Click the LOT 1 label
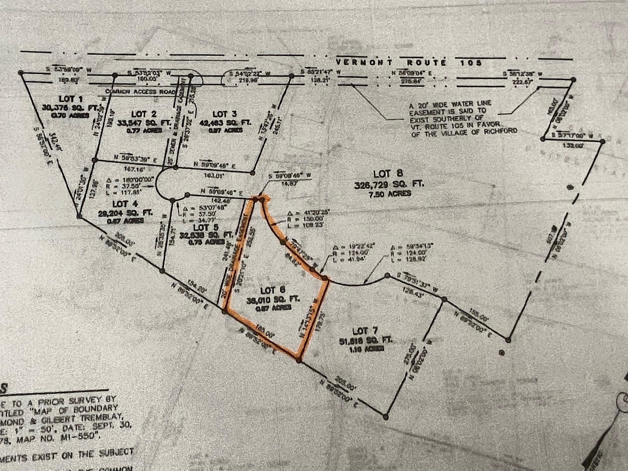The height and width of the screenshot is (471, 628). pos(71,99)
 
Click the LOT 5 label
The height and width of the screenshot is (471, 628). pos(206,227)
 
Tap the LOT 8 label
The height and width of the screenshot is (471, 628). pos(388,174)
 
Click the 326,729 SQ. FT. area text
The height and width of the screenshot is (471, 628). pos(389,184)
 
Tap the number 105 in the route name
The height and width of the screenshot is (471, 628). pos(471,63)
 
